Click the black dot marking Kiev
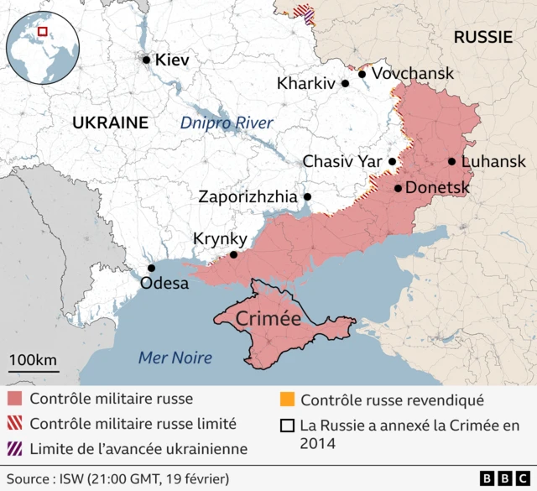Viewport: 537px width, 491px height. pos(146,60)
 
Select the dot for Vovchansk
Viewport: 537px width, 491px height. pos(362,74)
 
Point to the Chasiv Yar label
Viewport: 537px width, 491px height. pos(341,161)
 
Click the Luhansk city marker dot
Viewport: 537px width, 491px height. pos(452,162)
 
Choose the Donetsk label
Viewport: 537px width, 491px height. pos(437,188)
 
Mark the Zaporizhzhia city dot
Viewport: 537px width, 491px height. pos(307,197)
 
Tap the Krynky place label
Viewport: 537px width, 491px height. pos(220,238)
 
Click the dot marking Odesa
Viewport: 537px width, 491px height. pos(151,268)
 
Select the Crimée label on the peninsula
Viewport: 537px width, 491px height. pos(268,319)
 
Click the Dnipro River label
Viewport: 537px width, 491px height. pos(227,123)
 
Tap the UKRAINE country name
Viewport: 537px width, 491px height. pos(110,123)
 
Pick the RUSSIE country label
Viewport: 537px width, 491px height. pos(482,37)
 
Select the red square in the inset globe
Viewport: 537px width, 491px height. pos(43,33)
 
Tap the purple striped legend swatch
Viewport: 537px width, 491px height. pos(14,449)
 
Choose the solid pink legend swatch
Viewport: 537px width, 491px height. pos(14,399)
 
